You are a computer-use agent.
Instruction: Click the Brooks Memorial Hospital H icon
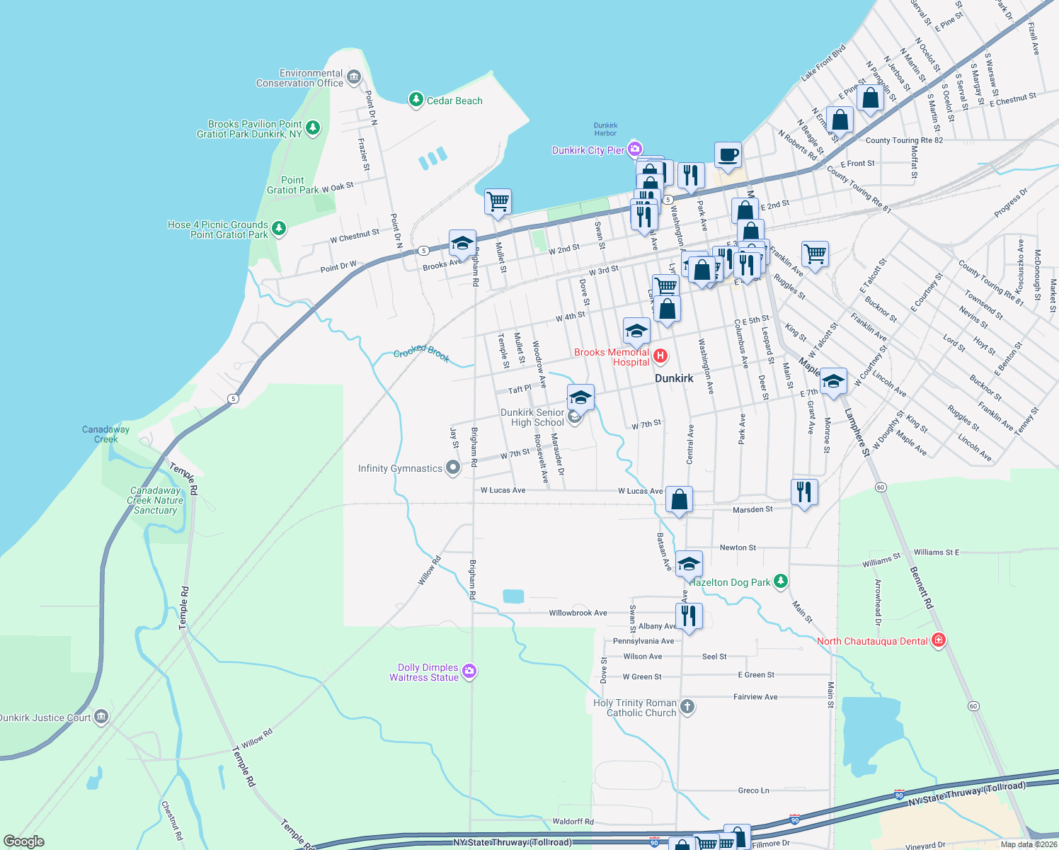(660, 356)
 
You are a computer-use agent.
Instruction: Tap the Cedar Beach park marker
(416, 100)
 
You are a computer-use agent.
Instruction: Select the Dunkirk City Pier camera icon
(634, 149)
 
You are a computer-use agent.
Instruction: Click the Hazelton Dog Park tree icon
(780, 582)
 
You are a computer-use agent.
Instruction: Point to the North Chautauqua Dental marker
(939, 640)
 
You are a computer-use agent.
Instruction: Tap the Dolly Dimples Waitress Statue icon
(469, 671)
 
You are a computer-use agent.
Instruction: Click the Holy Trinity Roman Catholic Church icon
(687, 706)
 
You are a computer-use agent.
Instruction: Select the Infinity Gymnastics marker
(453, 467)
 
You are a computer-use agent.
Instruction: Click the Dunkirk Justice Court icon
(101, 717)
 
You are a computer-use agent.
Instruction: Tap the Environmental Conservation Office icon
(354, 77)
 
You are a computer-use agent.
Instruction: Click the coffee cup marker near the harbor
(728, 154)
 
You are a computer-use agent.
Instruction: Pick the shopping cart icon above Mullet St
(498, 201)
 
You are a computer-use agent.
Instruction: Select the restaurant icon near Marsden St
(803, 492)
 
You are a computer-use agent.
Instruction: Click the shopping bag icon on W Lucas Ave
(679, 500)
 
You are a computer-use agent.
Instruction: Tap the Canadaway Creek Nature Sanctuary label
(156, 500)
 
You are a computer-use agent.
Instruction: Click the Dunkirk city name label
(674, 378)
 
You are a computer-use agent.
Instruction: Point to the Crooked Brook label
(421, 352)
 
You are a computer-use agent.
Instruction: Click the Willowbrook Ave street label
(578, 613)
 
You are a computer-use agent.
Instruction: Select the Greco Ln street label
(753, 790)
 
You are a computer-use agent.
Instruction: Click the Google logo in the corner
(24, 841)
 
